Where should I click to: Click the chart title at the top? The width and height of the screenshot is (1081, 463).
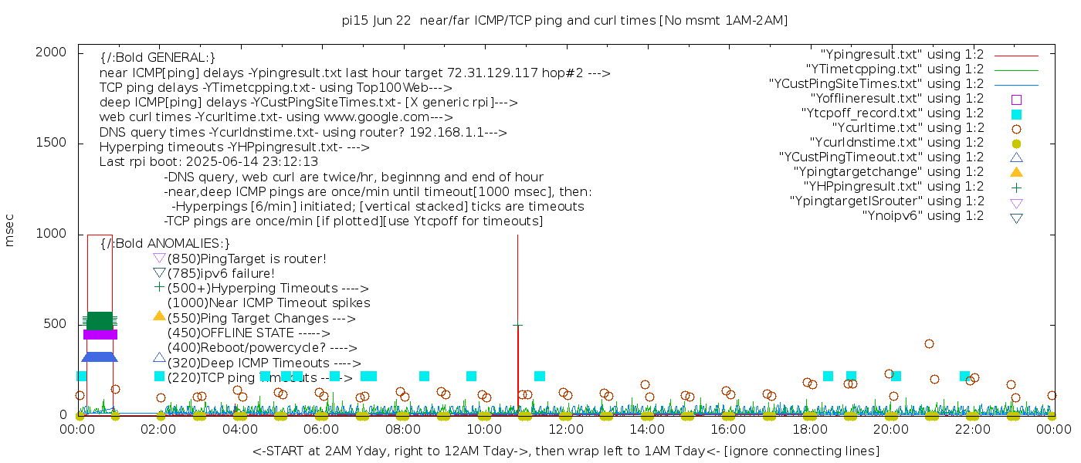click(x=564, y=21)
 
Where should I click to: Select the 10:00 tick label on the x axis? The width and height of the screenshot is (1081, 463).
click(x=484, y=430)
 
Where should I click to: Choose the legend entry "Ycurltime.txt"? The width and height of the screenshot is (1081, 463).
click(x=907, y=128)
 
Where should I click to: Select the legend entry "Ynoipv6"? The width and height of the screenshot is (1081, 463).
click(x=923, y=216)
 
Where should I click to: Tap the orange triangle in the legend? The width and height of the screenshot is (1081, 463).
click(x=1016, y=172)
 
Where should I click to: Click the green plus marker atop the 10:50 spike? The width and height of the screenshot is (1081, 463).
click(x=517, y=326)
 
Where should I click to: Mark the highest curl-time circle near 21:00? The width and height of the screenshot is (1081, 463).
click(x=929, y=344)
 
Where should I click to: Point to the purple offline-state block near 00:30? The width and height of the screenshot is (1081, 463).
click(x=100, y=334)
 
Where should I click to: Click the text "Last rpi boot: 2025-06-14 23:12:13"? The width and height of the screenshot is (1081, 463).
click(x=208, y=162)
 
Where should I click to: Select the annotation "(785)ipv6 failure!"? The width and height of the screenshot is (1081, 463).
click(x=221, y=274)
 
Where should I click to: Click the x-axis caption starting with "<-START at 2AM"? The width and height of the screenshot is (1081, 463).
click(x=565, y=451)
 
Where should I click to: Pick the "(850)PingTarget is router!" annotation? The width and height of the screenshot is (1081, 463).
click(x=246, y=259)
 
